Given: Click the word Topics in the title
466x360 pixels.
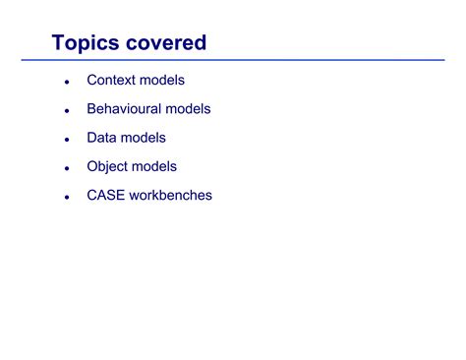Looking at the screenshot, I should (87, 43).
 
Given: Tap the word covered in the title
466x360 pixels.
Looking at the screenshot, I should (166, 43).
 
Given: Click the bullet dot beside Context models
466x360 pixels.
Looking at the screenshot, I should (67, 82).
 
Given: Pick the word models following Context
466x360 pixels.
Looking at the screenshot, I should (162, 80).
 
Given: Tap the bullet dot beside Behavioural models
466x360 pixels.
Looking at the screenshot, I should (67, 111).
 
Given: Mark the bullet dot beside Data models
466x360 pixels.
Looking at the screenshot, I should (67, 140).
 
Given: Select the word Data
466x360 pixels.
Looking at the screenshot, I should (103, 138).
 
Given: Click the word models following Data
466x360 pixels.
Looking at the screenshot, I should (145, 138).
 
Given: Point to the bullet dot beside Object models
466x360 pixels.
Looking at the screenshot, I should (67, 168).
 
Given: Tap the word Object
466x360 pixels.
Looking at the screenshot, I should (109, 167).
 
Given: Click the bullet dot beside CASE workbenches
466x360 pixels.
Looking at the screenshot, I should (67, 197).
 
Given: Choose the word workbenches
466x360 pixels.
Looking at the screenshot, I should (172, 195).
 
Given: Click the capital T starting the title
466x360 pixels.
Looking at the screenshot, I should (58, 43).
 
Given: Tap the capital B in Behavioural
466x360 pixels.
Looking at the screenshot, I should (91, 109).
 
